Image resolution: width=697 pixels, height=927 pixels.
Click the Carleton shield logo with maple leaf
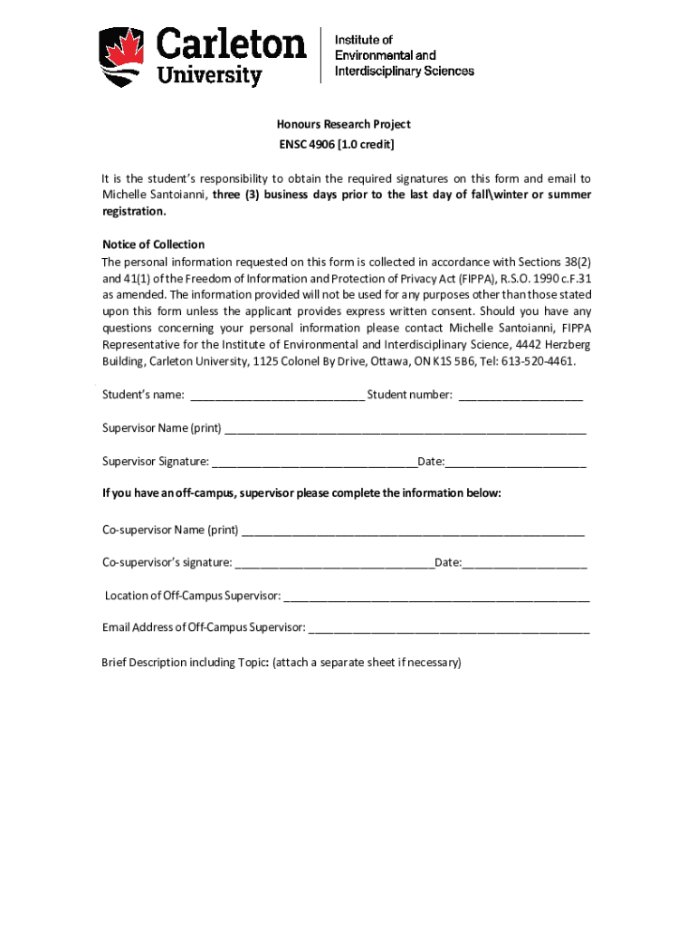[x=122, y=56]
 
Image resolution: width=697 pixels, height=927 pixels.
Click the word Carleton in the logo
[x=233, y=43]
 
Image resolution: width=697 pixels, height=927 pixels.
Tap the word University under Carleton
[x=210, y=74]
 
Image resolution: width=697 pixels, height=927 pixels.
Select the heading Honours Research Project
[x=343, y=124]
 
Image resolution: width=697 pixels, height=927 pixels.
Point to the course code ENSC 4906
[x=310, y=145]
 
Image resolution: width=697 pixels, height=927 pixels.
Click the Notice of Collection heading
[x=153, y=244]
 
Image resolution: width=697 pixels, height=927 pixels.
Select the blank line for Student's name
[x=277, y=396]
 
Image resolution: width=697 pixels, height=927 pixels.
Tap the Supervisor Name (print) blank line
[x=405, y=429]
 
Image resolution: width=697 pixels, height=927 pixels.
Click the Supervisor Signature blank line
[x=314, y=463]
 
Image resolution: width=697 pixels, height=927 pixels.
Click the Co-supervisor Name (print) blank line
[x=413, y=530]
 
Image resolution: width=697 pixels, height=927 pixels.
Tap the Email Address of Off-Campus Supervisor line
[x=449, y=628]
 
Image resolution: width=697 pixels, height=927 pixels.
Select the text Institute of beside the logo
[x=364, y=40]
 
